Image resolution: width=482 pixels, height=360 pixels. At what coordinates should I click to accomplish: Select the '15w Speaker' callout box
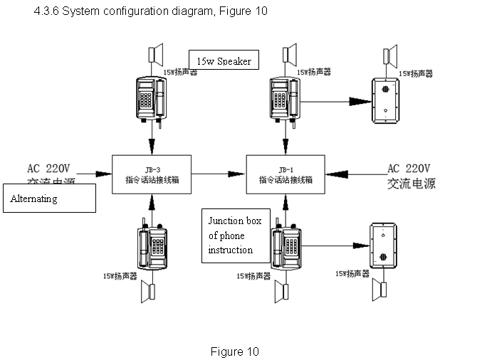coord(224,60)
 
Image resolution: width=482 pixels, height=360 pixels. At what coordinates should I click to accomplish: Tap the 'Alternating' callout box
coord(50,198)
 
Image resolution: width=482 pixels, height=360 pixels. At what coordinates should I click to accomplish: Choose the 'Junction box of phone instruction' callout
coord(234,235)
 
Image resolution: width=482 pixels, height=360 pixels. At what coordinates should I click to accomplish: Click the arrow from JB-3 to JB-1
coord(218,173)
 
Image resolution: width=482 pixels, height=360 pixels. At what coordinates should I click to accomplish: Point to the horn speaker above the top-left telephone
coord(155,55)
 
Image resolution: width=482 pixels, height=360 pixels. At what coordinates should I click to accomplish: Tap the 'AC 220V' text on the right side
coord(409,169)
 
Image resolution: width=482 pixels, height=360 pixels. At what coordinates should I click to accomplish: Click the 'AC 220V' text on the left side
coord(49,169)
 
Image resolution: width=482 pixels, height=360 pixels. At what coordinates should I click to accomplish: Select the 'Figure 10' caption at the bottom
coord(234,351)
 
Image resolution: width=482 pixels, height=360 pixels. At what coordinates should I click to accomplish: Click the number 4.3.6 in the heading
coord(46,12)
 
